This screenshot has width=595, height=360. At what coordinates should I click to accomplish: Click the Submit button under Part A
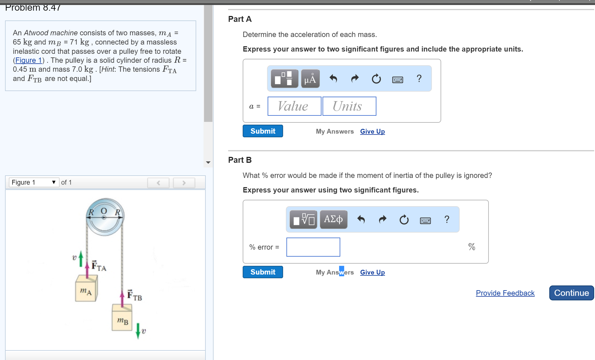(263, 131)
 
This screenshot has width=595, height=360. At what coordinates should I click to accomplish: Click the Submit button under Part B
(263, 272)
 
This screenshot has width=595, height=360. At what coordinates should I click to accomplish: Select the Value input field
(294, 106)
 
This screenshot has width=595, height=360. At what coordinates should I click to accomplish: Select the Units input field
(349, 106)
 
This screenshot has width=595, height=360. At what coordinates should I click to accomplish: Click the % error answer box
(313, 247)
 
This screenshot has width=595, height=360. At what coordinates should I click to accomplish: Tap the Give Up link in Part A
(372, 131)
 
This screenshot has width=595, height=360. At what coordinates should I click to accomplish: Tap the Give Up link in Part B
(372, 272)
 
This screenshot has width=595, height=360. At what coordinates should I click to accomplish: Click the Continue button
(571, 293)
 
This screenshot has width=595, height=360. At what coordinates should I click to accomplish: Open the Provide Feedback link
(505, 293)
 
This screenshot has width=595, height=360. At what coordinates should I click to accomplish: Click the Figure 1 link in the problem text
(28, 60)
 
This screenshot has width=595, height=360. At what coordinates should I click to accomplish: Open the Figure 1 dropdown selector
(34, 182)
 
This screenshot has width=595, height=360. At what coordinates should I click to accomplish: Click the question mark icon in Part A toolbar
(419, 79)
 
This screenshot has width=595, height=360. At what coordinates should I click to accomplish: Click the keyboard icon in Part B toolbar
(425, 220)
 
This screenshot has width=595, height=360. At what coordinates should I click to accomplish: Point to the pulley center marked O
(104, 217)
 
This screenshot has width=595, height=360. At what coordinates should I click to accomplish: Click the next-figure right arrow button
(184, 183)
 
